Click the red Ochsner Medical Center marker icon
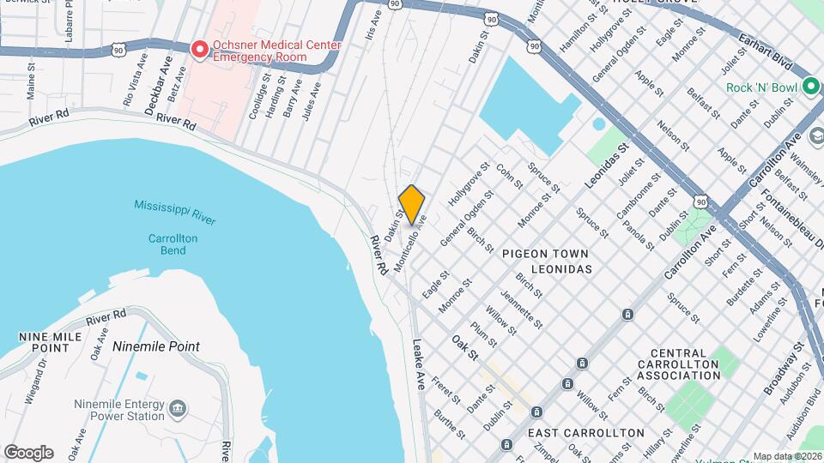pos(200,51)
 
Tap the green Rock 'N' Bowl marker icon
pos(810,87)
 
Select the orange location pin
pos(412,204)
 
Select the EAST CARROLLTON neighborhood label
pos(586,432)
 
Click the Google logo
pos(29,452)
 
